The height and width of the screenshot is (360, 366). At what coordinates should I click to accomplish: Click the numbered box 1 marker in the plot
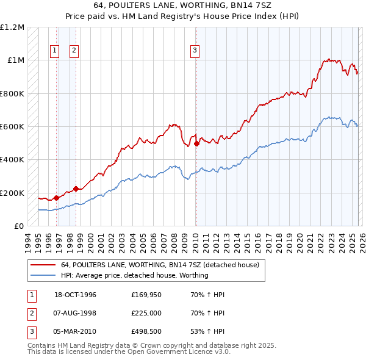[x=55, y=51]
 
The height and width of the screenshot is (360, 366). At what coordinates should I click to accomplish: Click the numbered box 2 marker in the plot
[x=74, y=51]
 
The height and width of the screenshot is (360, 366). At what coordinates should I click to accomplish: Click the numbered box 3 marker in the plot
[x=195, y=51]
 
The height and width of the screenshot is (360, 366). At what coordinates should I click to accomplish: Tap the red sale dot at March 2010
[x=196, y=144]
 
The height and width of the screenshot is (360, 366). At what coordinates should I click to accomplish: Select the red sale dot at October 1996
[x=56, y=198]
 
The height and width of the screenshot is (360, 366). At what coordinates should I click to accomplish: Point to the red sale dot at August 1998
[x=76, y=189]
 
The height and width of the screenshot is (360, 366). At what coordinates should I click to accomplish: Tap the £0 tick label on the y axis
[x=18, y=226]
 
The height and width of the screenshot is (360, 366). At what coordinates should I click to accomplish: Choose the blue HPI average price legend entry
[x=134, y=275]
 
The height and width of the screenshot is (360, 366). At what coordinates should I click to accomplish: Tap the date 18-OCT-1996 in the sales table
[x=75, y=295]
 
